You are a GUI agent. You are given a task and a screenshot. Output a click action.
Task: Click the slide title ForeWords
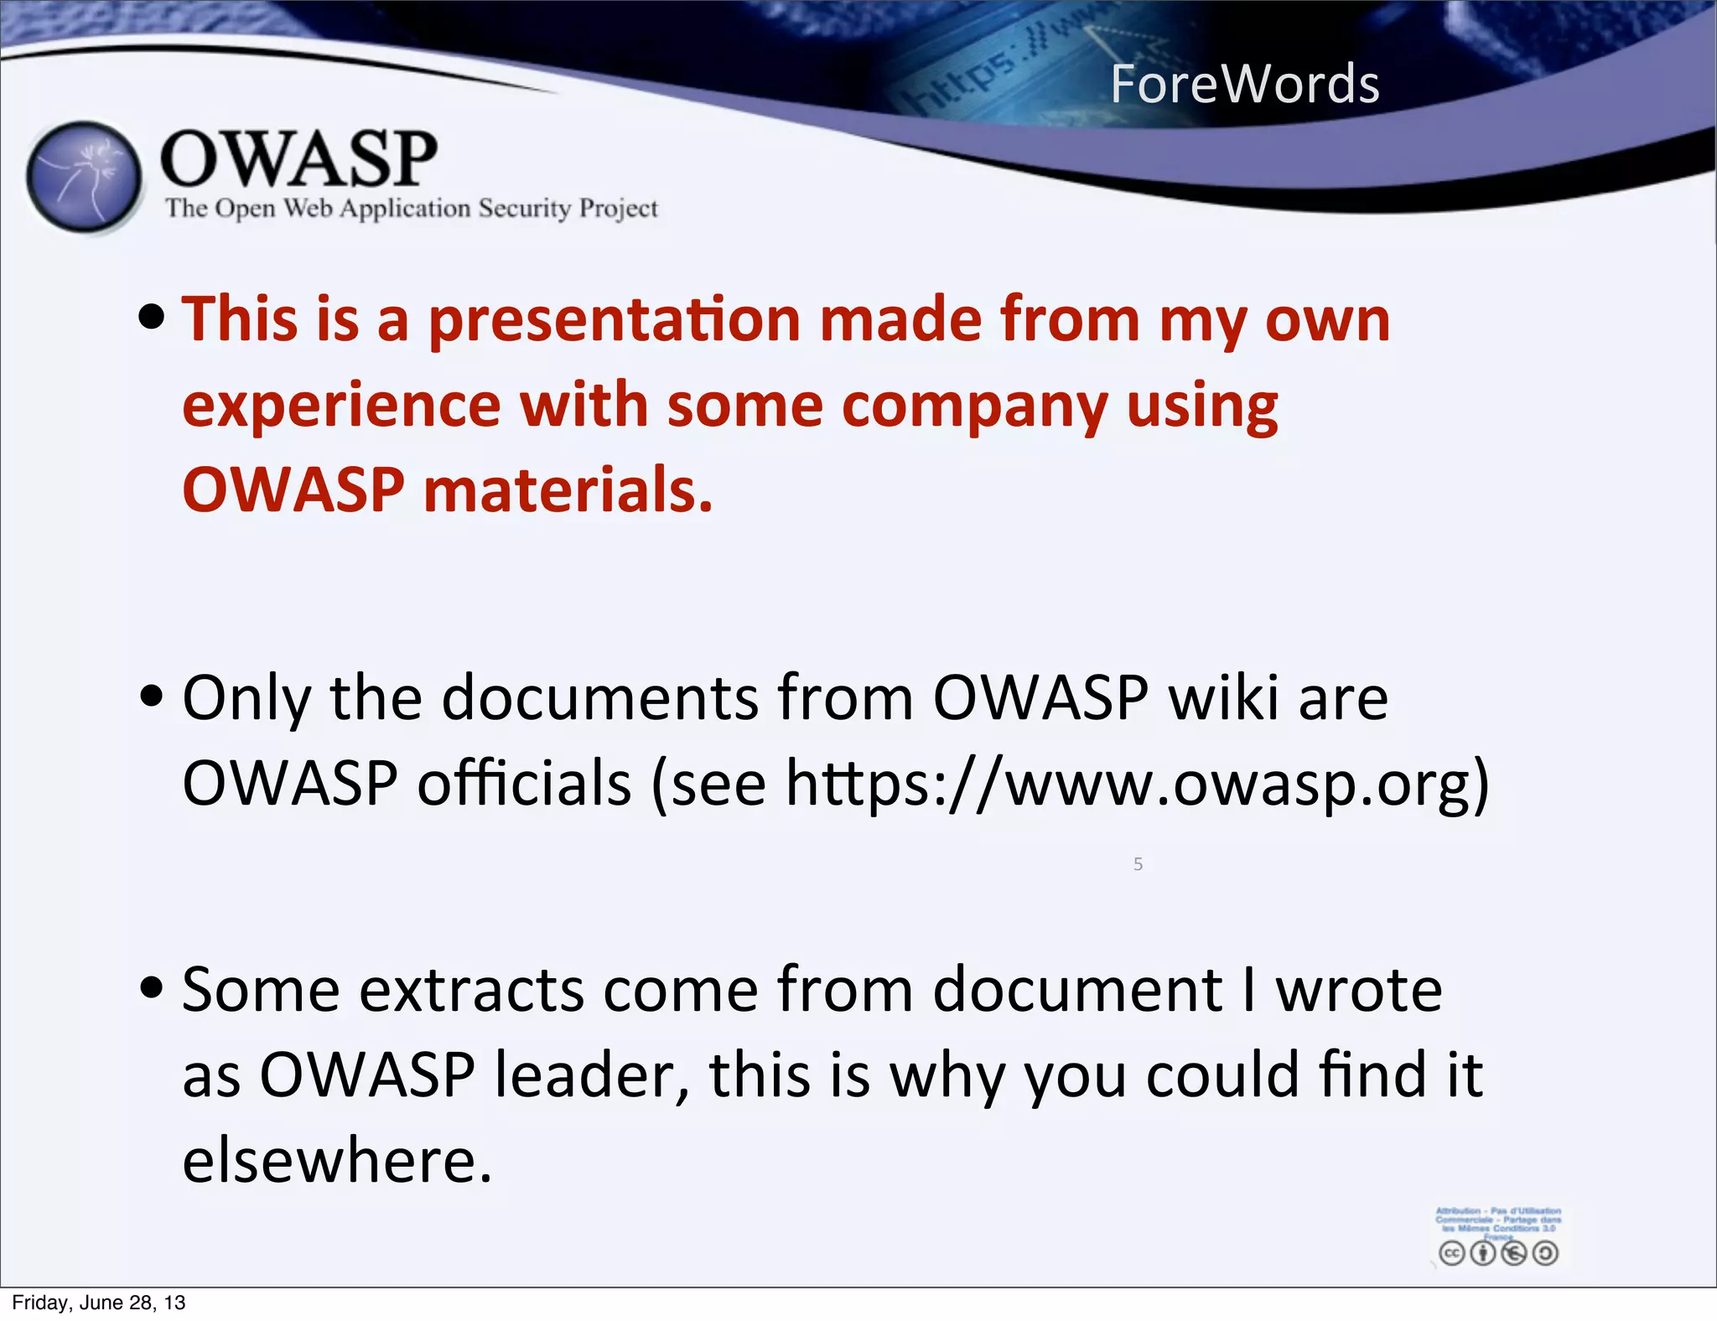pos(1244,85)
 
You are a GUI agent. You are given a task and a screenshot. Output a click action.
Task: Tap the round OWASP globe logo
pos(83,178)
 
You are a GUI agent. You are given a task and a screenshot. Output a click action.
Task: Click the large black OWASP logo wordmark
pos(298,158)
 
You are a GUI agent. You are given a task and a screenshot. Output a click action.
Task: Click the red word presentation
pos(615,320)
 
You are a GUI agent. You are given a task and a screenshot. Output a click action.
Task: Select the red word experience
pos(340,407)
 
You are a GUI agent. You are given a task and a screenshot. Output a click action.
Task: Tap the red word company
pos(973,407)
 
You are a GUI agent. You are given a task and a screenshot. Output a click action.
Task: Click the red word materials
pos(568,491)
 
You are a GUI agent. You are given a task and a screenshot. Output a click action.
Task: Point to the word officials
pos(524,783)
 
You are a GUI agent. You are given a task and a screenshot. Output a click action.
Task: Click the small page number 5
pos(1138,864)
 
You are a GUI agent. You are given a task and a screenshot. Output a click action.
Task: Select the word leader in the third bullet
pos(590,1075)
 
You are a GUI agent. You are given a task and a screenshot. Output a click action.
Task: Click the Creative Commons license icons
pos(1498,1252)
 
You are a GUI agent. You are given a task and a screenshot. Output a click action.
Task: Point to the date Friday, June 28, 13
pos(99,1303)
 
